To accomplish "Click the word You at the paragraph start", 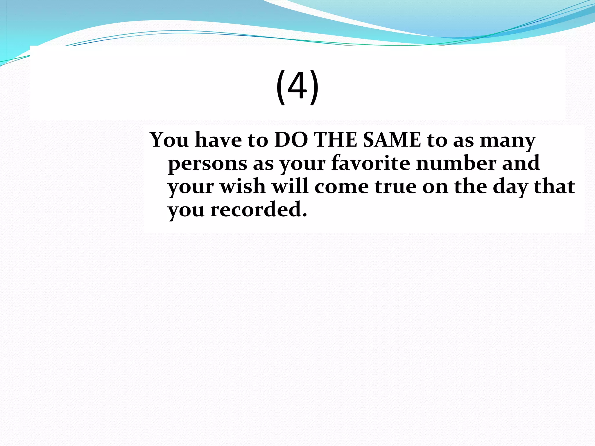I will (169, 140).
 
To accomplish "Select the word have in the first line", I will (218, 140).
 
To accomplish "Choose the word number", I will (456, 163).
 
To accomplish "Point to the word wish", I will (243, 186).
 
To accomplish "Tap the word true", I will (395, 187).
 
